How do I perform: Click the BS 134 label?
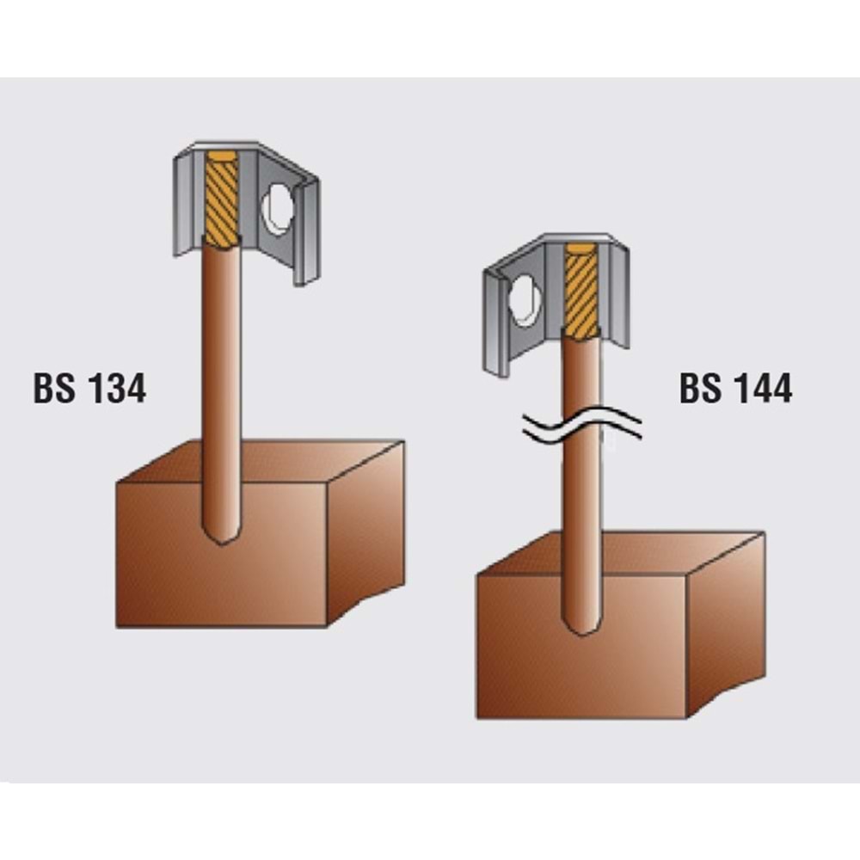point(90,389)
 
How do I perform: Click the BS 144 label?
point(735,389)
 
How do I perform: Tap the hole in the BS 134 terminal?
point(278,210)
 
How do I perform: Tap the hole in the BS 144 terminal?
point(525,301)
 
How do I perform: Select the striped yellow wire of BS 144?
point(582,291)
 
